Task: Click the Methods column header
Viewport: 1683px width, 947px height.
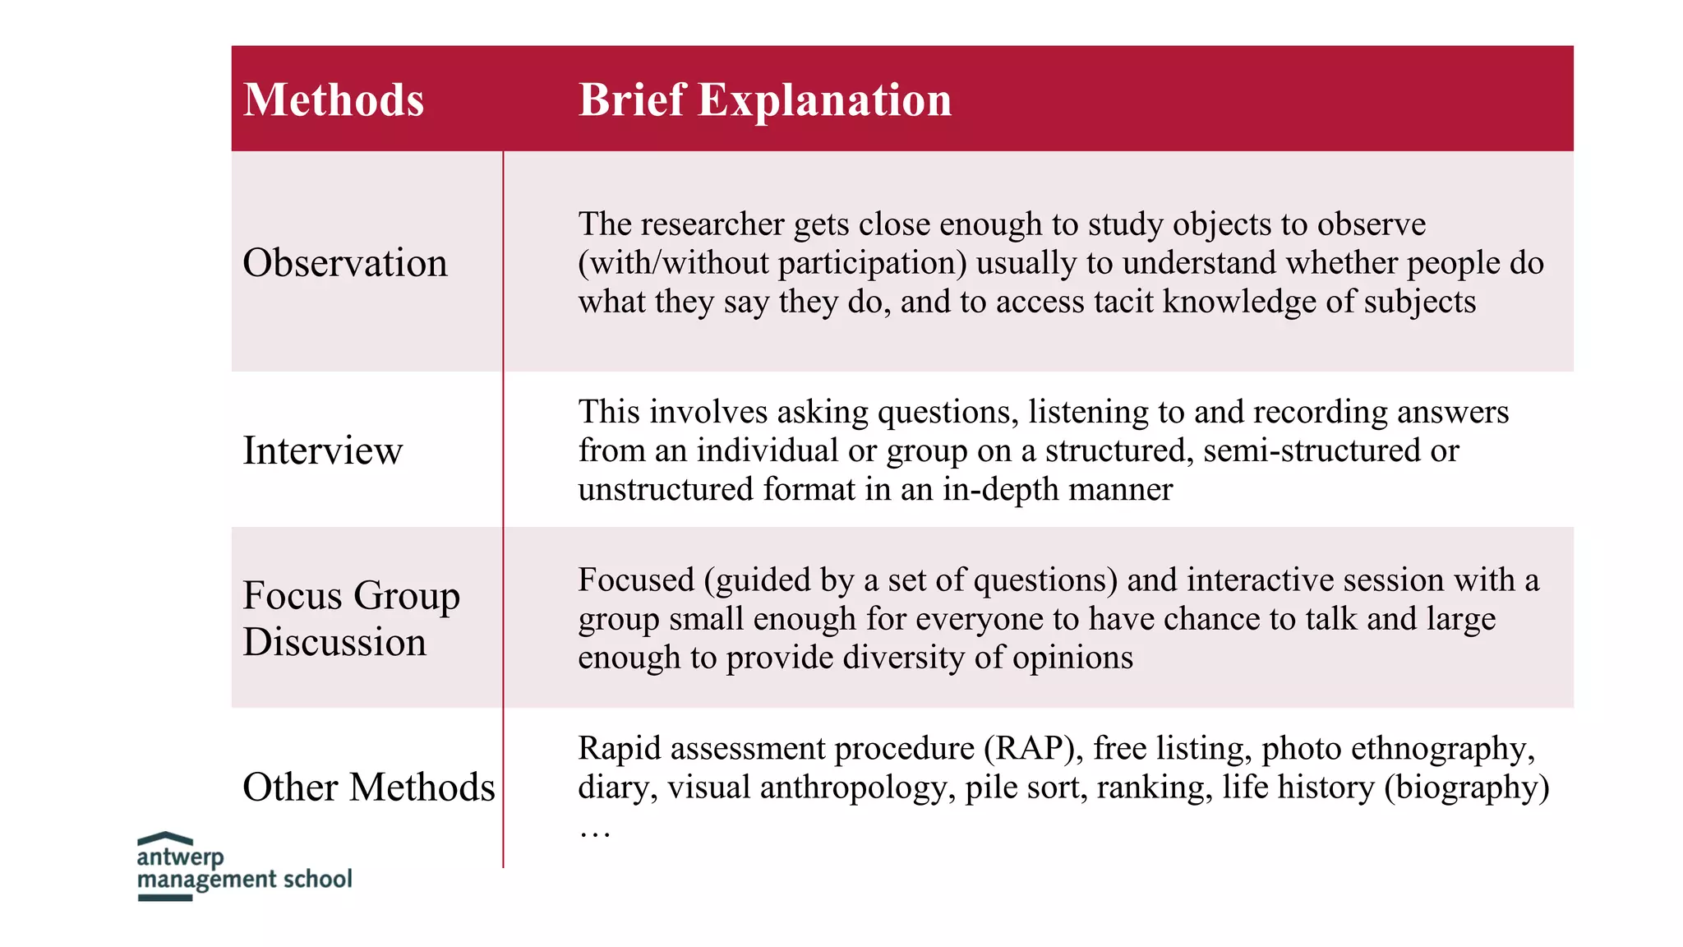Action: click(x=334, y=100)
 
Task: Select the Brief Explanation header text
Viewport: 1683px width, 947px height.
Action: click(x=764, y=100)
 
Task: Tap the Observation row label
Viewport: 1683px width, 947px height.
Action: click(x=345, y=263)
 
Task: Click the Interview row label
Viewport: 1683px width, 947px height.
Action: click(x=323, y=450)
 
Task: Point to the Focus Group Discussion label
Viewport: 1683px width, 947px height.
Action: click(x=351, y=617)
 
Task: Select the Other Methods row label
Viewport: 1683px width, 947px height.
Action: click(x=369, y=788)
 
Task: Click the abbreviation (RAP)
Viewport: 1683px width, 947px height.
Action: click(x=1033, y=749)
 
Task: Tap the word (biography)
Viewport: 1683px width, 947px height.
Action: click(x=1467, y=788)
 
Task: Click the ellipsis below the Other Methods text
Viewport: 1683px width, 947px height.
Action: click(x=594, y=833)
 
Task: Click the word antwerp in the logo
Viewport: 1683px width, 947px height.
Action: click(x=180, y=857)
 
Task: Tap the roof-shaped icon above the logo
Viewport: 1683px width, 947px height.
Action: click(x=165, y=838)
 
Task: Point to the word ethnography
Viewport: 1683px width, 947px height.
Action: click(x=1443, y=749)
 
